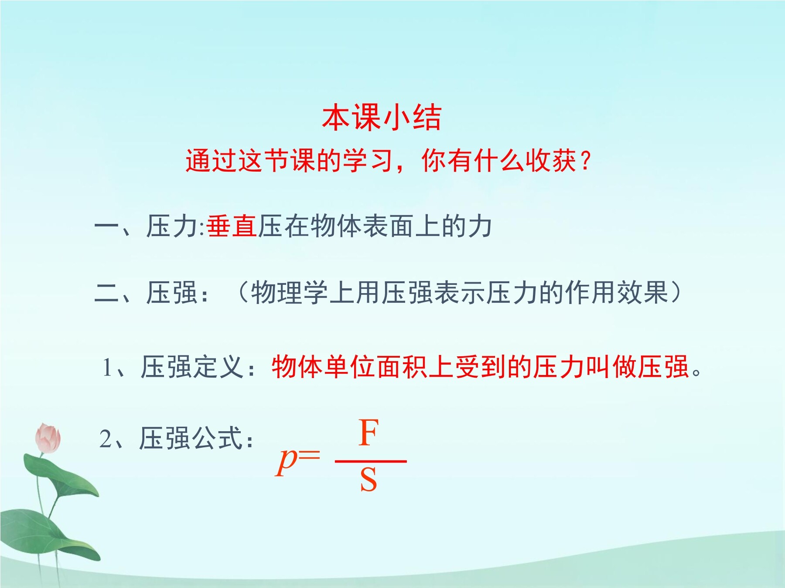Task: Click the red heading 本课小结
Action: coord(382,118)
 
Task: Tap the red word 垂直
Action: coord(232,226)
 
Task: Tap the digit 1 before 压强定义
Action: coord(107,367)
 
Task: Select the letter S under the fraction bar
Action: coord(369,480)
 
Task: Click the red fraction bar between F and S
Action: coord(371,461)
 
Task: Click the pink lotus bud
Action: coord(48,438)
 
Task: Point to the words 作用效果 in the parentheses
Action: coord(617,292)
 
